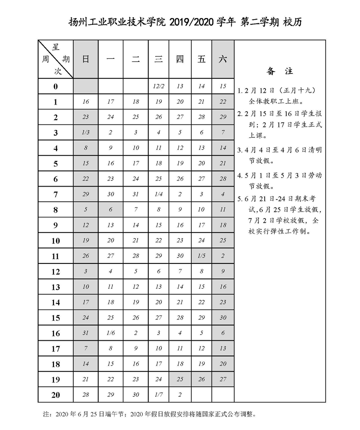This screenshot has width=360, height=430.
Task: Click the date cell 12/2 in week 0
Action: [x=158, y=86]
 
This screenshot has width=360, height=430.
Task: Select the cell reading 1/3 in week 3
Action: [x=85, y=133]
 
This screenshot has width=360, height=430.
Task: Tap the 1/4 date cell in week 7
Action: [x=158, y=194]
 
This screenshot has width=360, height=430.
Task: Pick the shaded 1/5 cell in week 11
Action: [x=201, y=256]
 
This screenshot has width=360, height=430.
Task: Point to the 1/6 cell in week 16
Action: [x=111, y=333]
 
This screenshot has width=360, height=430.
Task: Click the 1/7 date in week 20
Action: [x=158, y=395]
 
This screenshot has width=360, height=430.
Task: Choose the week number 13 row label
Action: [x=56, y=287]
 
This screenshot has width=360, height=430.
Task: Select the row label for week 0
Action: [x=56, y=86]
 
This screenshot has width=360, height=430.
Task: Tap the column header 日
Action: [x=85, y=59]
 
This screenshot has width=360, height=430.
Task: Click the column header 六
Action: [x=223, y=59]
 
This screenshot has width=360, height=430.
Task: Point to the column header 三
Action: [x=158, y=59]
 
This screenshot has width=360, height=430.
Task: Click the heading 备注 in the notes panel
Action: [x=280, y=71]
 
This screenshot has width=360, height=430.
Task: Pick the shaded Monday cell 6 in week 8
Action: [x=111, y=209]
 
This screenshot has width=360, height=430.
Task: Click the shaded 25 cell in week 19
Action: [x=180, y=379]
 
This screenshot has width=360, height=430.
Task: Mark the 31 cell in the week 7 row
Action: [x=136, y=194]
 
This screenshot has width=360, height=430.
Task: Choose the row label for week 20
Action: [x=56, y=395]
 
